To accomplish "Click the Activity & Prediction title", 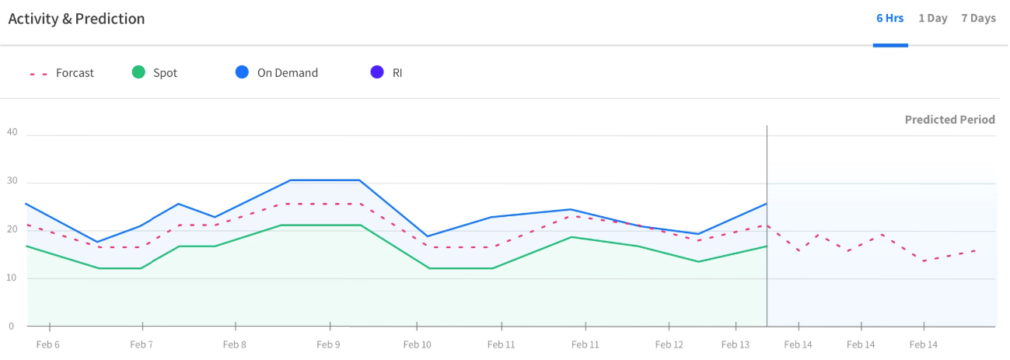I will [76, 19].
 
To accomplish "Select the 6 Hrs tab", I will [889, 18].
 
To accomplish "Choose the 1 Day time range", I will [932, 18].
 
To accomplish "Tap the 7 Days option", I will [978, 18].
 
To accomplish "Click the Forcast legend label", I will [75, 73].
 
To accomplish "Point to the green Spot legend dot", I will [138, 72].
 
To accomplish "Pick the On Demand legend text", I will [287, 73].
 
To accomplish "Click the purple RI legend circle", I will [377, 72].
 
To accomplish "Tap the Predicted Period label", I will [949, 120].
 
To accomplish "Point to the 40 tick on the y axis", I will [12, 132].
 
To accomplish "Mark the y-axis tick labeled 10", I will [12, 278].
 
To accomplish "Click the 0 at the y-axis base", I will [11, 326].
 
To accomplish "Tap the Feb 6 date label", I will [47, 344].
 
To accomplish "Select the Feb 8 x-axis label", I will [234, 344].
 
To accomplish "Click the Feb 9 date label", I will [328, 344].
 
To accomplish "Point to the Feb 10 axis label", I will [417, 344].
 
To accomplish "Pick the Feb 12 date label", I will [669, 344].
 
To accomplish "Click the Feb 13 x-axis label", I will [735, 344].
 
